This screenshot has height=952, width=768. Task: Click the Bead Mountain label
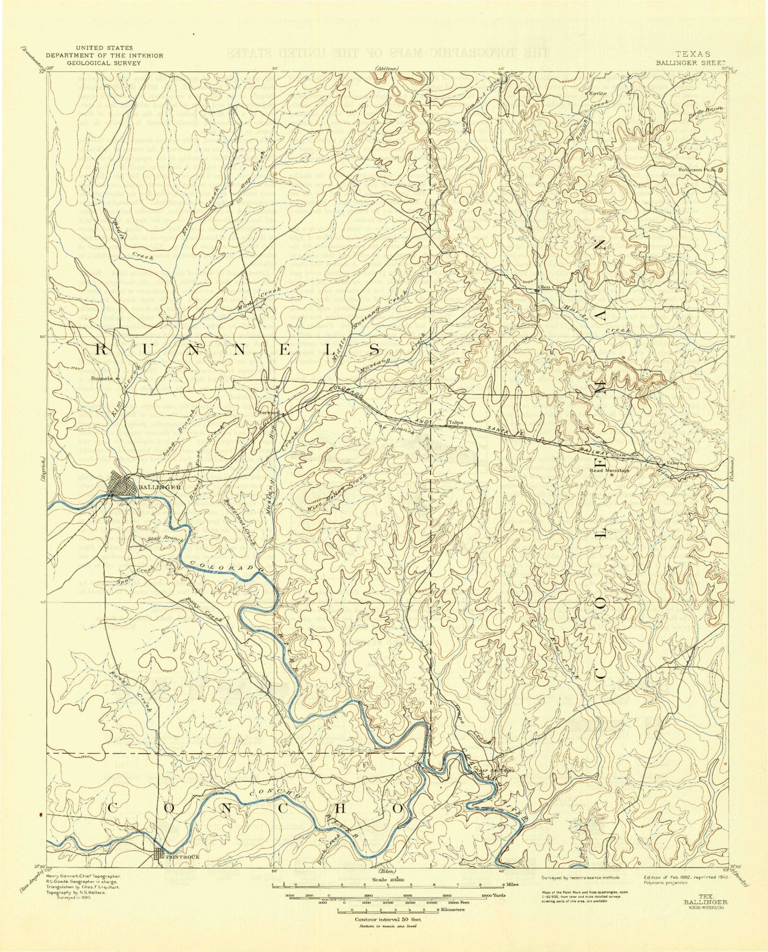pyautogui.click(x=610, y=470)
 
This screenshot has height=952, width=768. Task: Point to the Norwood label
pyautogui.click(x=269, y=412)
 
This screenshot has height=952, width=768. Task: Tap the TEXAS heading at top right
pyautogui.click(x=692, y=54)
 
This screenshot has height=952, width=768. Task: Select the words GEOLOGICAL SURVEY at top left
pyautogui.click(x=104, y=62)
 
